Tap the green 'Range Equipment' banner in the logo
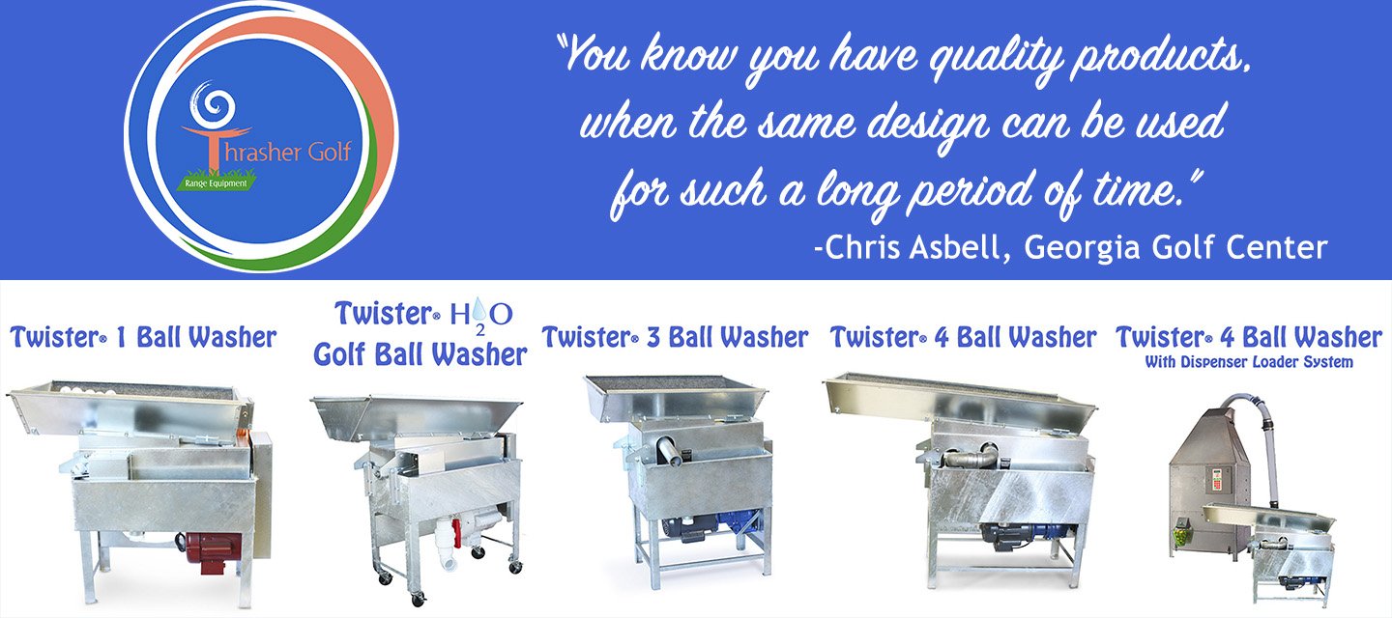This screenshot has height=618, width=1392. [x=217, y=183]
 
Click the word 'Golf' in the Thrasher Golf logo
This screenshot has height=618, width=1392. [x=330, y=152]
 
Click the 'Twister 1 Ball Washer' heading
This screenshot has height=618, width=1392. [x=143, y=338]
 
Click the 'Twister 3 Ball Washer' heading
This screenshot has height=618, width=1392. [x=675, y=338]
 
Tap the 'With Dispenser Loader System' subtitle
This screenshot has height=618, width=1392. [x=1249, y=362]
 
